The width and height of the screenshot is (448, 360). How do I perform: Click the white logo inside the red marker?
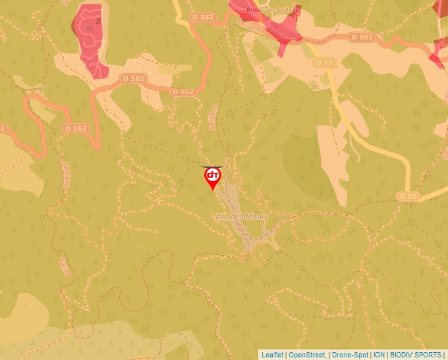(213, 175)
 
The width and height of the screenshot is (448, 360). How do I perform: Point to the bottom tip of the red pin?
(213, 191)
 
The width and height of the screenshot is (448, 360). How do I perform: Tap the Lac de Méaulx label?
(242, 216)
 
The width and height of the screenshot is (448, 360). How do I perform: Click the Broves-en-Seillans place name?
(271, 10)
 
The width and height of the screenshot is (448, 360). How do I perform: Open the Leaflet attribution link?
(272, 355)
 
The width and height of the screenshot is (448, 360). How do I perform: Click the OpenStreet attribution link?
(308, 355)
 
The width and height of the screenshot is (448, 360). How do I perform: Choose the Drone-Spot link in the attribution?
(350, 355)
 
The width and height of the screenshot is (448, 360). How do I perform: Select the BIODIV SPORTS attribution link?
(415, 355)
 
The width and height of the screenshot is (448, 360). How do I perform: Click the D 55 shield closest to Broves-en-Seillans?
(323, 63)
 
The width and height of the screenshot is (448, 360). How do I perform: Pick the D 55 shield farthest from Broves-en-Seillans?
(408, 196)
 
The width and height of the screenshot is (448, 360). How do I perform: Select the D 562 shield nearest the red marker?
(182, 91)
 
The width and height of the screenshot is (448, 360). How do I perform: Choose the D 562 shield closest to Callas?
(76, 128)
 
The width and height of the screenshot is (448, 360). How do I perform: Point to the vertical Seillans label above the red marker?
(213, 118)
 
